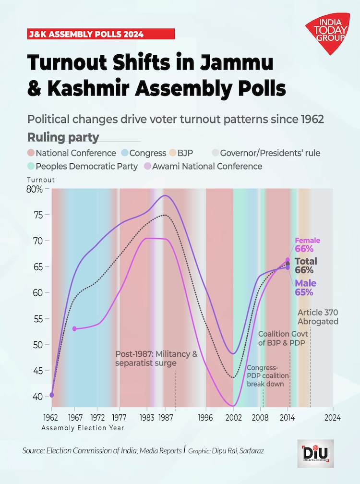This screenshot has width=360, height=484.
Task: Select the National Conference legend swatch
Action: pos(31,153)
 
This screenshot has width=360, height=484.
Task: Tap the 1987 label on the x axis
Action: pos(166,417)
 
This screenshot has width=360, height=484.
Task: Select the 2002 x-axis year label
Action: pos(233,417)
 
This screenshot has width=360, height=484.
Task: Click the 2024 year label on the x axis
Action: pos(332,417)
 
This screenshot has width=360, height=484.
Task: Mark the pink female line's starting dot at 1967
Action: pos(74,329)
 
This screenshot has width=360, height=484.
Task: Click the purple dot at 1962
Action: pos(52,395)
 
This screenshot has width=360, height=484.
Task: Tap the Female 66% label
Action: pos(307,245)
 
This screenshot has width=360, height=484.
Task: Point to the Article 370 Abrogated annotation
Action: pos(318,317)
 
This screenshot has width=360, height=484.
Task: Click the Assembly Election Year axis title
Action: pos(83,427)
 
